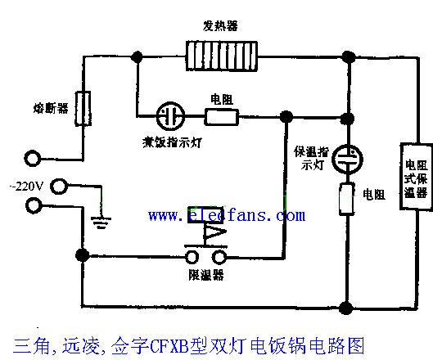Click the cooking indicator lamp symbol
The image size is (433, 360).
click(x=169, y=115)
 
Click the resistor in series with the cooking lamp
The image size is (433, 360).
click(x=221, y=115)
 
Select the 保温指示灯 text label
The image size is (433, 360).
click(x=313, y=160)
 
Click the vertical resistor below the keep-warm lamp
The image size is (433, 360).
click(x=349, y=199)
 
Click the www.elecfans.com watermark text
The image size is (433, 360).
click(x=226, y=215)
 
